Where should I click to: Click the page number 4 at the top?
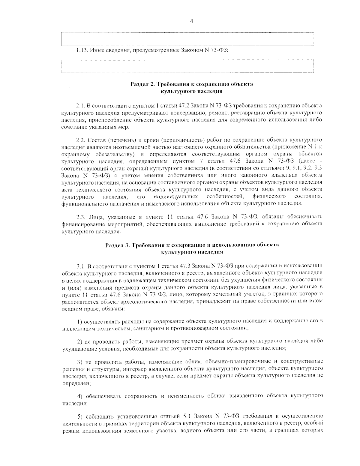(x=191, y=21)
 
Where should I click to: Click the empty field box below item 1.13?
(x=187, y=66)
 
